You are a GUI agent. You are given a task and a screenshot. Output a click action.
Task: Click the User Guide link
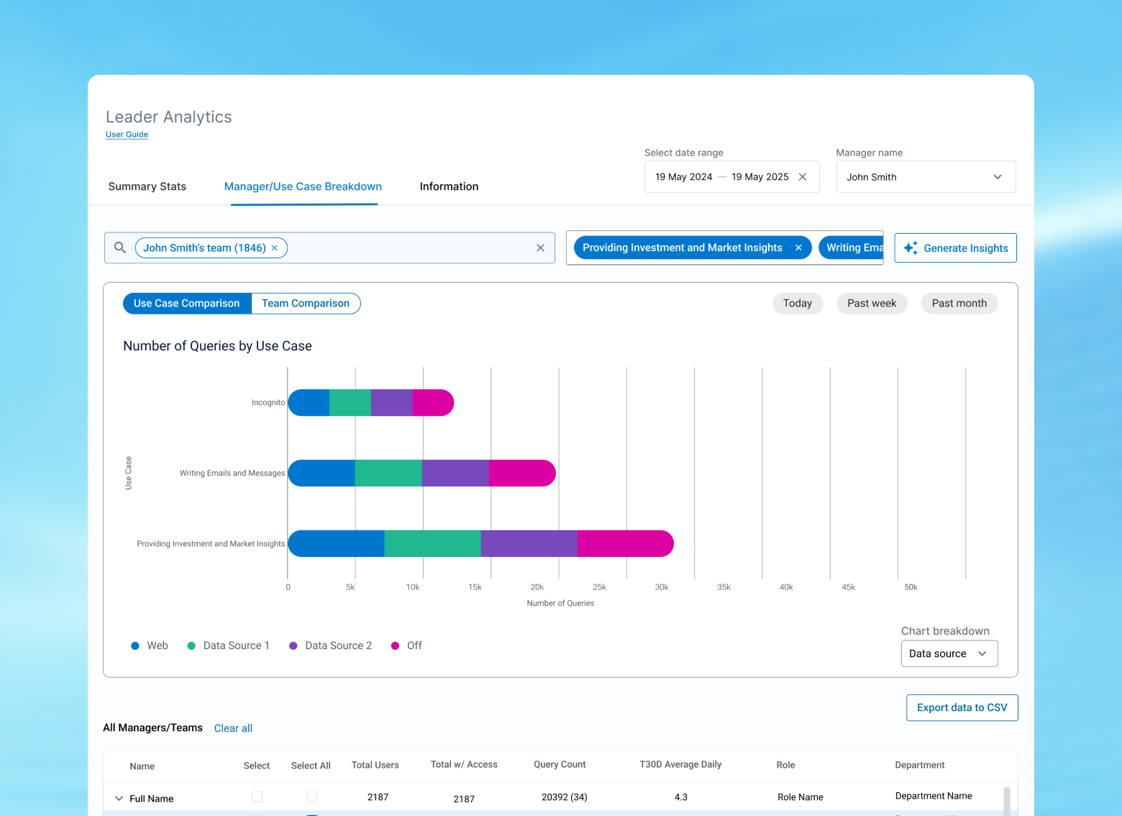click(x=127, y=135)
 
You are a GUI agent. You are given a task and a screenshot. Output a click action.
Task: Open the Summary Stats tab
click(x=147, y=186)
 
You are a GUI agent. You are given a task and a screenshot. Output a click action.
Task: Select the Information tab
click(x=449, y=186)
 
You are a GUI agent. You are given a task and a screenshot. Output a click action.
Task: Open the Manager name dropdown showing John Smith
click(x=926, y=177)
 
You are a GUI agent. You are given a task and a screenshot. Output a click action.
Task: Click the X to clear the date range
click(x=803, y=177)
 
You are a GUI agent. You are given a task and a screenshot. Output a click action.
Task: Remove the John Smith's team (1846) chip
click(x=275, y=248)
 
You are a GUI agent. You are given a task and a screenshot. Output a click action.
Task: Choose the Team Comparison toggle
click(x=306, y=303)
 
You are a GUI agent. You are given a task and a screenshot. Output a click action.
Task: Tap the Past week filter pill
click(x=872, y=303)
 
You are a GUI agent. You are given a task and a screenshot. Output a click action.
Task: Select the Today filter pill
click(x=798, y=303)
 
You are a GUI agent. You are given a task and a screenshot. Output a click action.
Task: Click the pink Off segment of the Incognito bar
click(x=433, y=402)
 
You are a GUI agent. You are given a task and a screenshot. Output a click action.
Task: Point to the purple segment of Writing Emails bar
click(x=455, y=473)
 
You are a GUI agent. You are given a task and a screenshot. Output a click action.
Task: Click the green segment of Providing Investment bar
click(x=432, y=543)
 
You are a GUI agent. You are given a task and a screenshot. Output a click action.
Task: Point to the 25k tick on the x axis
click(x=599, y=587)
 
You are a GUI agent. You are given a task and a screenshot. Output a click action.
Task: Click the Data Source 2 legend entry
click(x=331, y=645)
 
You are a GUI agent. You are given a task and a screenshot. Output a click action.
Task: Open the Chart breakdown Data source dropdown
click(x=949, y=653)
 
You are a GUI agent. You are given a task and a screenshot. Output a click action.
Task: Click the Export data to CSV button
click(x=962, y=708)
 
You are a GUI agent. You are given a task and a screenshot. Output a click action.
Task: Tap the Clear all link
click(x=233, y=728)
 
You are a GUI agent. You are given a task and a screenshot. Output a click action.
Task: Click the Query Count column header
click(x=560, y=764)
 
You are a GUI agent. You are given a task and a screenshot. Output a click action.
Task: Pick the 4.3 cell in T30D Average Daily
click(x=680, y=797)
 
